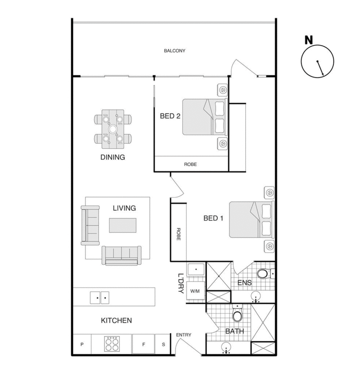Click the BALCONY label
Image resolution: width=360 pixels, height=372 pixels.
point(175,51)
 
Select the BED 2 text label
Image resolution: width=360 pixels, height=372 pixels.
point(170,116)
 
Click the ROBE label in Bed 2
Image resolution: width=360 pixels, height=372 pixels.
point(190,164)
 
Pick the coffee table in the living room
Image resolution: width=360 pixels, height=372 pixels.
point(122,225)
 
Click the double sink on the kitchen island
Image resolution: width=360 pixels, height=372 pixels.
point(99,298)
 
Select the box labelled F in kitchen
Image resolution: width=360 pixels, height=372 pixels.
point(144,345)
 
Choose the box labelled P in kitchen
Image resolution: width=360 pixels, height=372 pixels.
point(82,345)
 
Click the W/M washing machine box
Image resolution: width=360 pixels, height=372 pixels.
point(195,291)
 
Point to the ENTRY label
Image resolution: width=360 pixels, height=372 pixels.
point(184,335)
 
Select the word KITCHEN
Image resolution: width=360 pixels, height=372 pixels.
point(116,321)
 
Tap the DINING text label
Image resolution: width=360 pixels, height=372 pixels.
point(112,158)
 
